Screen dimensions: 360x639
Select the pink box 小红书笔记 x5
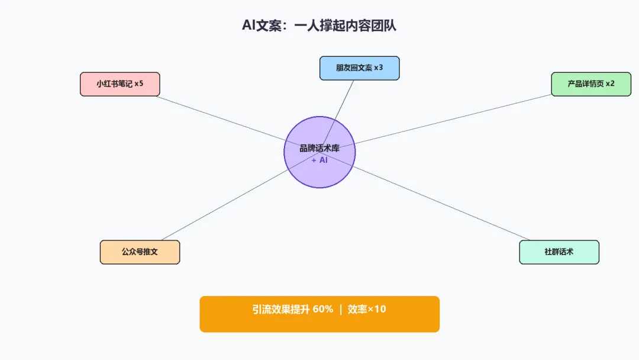coord(120,84)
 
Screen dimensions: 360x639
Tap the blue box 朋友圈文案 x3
coord(359,68)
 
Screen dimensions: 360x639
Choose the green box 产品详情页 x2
coord(591,84)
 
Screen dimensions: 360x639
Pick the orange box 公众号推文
coord(140,252)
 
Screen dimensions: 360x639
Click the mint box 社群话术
coord(559,252)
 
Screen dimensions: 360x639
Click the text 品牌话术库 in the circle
coord(319,149)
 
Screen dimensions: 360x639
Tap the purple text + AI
coord(319,160)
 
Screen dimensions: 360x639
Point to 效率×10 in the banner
coord(367,309)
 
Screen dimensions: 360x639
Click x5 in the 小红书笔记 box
coord(139,84)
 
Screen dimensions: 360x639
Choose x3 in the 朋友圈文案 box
coord(379,68)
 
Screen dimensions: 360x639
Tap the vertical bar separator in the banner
coord(341,309)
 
